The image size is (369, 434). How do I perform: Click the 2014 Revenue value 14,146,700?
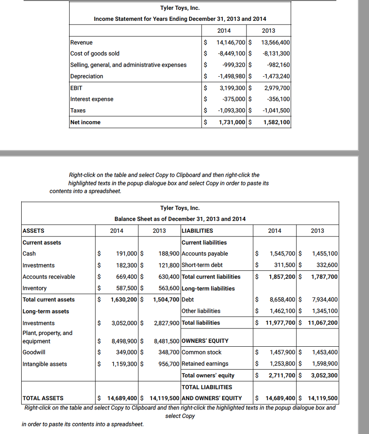click(x=231, y=42)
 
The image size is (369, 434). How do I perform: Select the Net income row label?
click(x=85, y=122)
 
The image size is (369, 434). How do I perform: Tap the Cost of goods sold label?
click(x=95, y=53)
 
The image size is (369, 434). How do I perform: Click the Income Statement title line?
click(x=180, y=19)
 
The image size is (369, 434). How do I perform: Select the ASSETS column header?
click(x=33, y=231)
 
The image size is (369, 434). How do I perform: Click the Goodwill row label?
click(x=34, y=352)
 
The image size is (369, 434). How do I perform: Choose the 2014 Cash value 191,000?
click(x=126, y=254)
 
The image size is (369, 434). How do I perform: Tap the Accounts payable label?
click(x=204, y=254)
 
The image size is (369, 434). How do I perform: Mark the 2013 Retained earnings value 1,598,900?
click(x=324, y=364)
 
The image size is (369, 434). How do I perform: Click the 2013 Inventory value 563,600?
click(x=168, y=288)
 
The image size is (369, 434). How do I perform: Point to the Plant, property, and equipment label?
click(x=47, y=337)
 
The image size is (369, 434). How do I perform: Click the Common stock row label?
click(x=201, y=352)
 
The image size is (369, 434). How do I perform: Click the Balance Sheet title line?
click(x=180, y=219)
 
